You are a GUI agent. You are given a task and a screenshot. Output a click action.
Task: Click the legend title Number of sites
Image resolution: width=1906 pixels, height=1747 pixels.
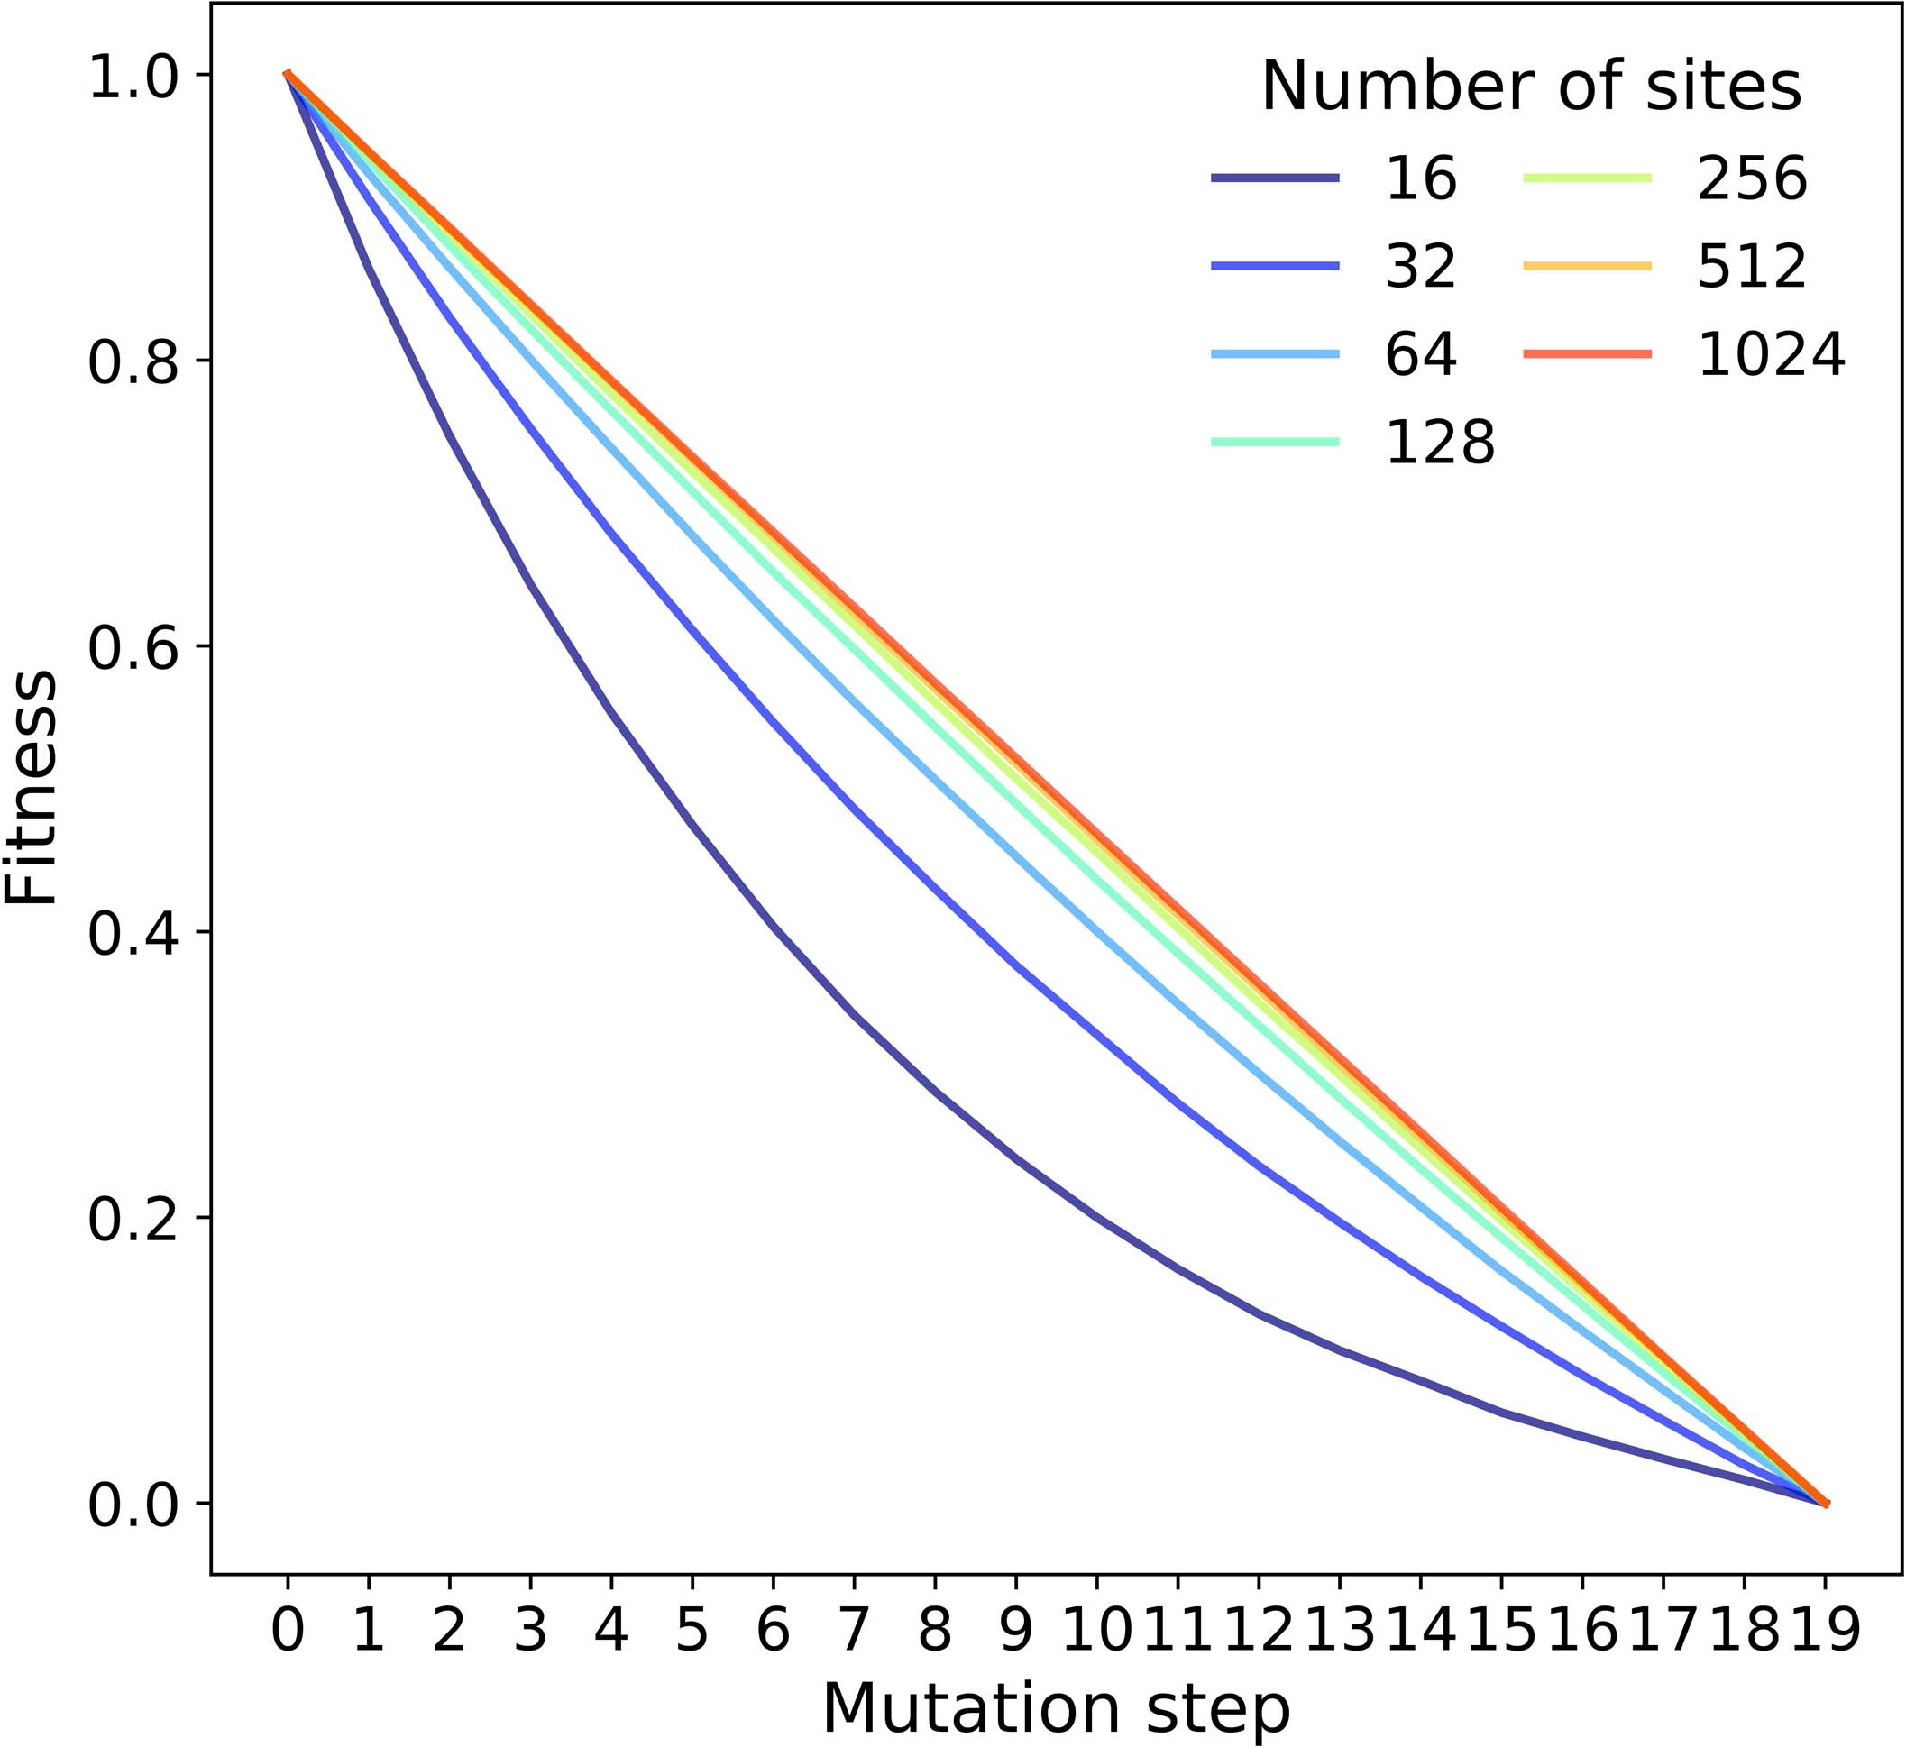[1531, 87]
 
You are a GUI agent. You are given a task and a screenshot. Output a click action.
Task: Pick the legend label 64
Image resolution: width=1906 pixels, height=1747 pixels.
[1421, 353]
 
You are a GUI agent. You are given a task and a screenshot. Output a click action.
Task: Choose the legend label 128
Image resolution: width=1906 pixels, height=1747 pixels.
[1440, 442]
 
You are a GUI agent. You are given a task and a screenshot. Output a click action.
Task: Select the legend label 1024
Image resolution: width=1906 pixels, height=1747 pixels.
[1771, 353]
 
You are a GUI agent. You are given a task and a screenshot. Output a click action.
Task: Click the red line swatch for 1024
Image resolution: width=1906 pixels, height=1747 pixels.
[1588, 353]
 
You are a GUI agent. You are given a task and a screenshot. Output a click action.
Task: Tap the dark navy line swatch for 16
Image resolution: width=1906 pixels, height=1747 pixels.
[1276, 178]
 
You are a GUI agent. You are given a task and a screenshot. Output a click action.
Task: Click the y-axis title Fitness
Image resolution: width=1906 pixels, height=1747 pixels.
[31, 789]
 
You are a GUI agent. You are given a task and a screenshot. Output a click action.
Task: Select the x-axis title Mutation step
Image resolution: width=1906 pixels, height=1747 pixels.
[1056, 1707]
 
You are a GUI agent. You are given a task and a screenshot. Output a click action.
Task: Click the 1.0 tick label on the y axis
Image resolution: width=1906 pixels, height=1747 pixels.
[133, 78]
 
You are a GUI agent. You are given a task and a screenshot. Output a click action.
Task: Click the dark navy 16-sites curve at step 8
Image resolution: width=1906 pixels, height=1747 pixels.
[935, 1091]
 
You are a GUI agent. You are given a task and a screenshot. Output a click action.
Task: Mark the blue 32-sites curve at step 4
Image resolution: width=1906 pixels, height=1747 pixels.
[611, 535]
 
